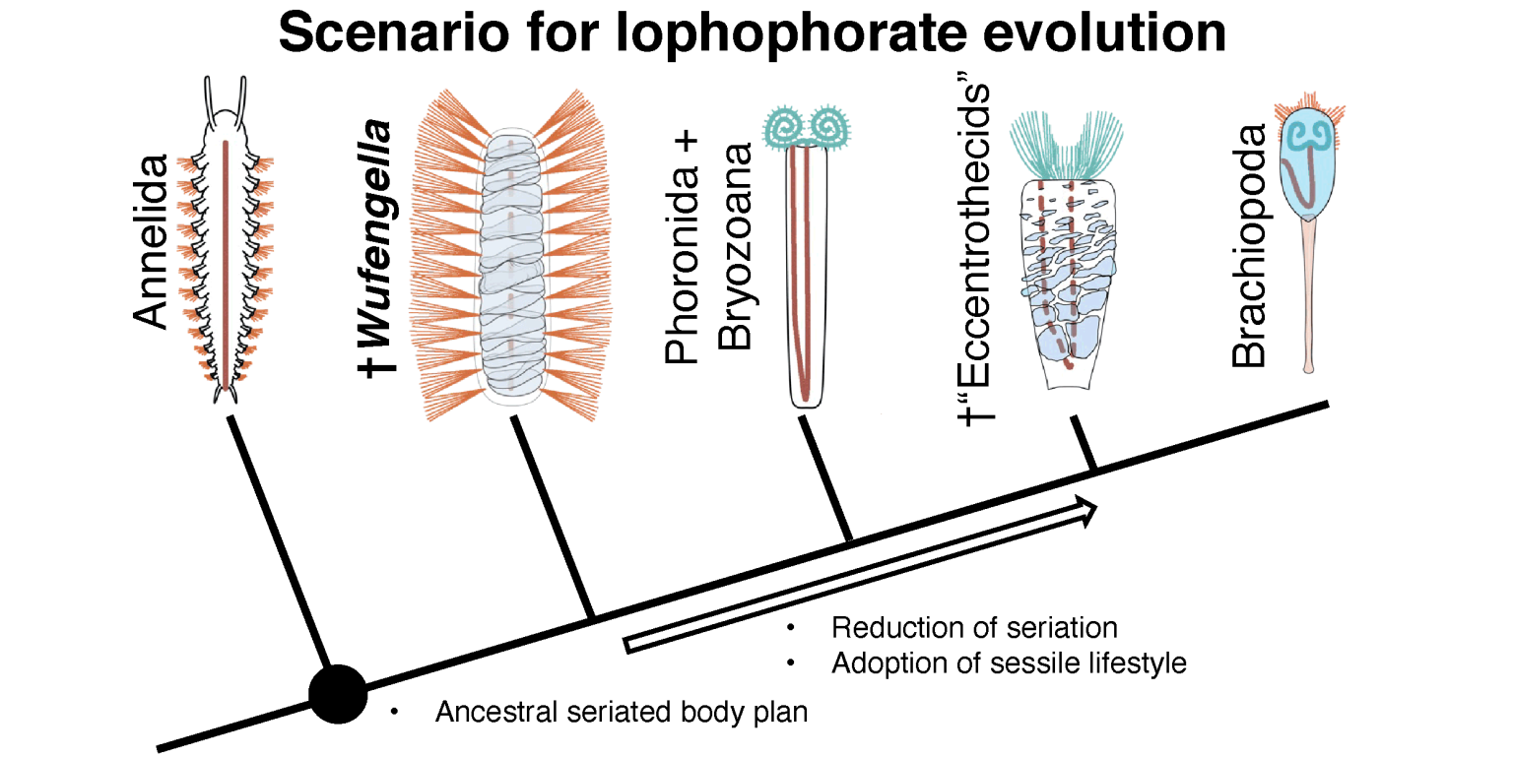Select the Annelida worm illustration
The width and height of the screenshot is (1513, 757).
coord(226,246)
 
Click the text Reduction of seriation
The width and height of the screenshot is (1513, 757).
coord(974,628)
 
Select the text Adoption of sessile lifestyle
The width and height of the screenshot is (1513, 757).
coord(1009,663)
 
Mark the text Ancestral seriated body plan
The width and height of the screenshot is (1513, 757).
coord(621,713)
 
